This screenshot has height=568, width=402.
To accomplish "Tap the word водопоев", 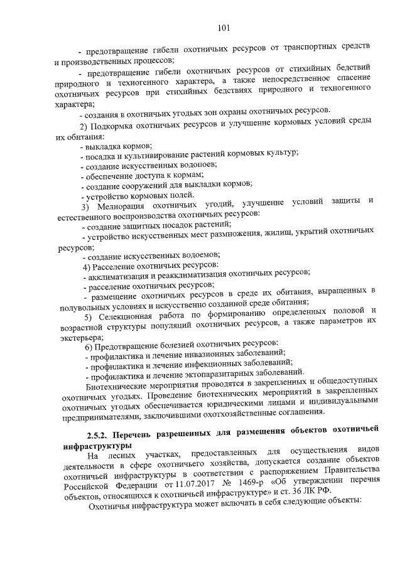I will [196, 165].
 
